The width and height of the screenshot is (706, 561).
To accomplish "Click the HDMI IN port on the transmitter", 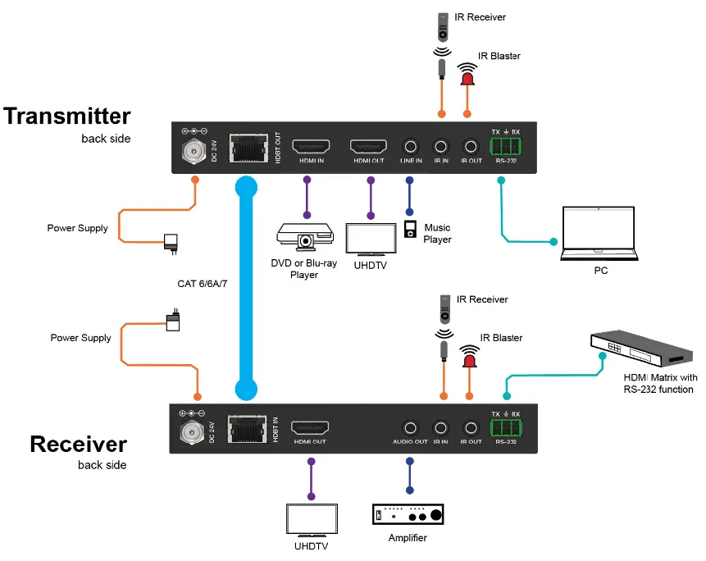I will click(311, 147).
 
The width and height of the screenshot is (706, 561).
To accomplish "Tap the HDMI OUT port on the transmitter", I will click(368, 147).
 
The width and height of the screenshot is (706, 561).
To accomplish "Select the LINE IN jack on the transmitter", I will click(411, 147).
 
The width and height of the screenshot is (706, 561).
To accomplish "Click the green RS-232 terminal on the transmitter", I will click(505, 147).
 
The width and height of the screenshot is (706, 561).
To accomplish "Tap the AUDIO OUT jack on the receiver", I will click(410, 427).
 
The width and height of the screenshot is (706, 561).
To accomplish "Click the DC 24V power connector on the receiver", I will click(191, 429).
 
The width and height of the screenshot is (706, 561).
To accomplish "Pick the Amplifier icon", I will click(408, 515).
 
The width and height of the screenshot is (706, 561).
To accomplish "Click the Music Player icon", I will click(411, 229).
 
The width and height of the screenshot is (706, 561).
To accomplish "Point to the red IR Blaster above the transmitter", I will click(467, 75).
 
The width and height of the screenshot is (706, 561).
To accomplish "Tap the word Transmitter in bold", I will click(67, 116).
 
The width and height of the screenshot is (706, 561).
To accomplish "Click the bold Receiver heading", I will click(79, 444).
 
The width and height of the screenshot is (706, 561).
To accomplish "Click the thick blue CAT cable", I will click(244, 279).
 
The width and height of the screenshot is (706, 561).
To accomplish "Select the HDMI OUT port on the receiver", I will click(311, 427).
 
